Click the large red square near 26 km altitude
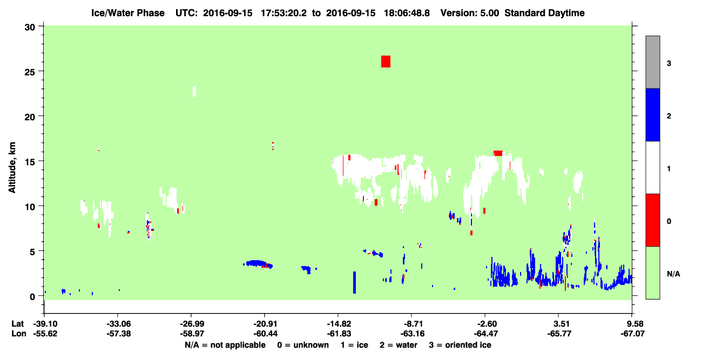(386, 62)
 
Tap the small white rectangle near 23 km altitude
(194, 92)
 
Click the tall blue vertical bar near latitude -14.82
(354, 282)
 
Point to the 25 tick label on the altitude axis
(30, 71)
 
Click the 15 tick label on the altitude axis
(30, 161)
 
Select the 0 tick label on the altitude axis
(32, 296)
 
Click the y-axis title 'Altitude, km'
(12, 167)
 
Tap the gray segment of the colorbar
(652, 62)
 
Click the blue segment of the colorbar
(652, 114)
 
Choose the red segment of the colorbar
(652, 220)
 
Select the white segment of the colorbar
(652, 167)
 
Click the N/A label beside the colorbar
(673, 274)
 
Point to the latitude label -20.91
(265, 324)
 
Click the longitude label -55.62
(45, 334)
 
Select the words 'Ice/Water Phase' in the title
(128, 13)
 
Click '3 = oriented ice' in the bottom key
(460, 345)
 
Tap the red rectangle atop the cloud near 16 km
(498, 153)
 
